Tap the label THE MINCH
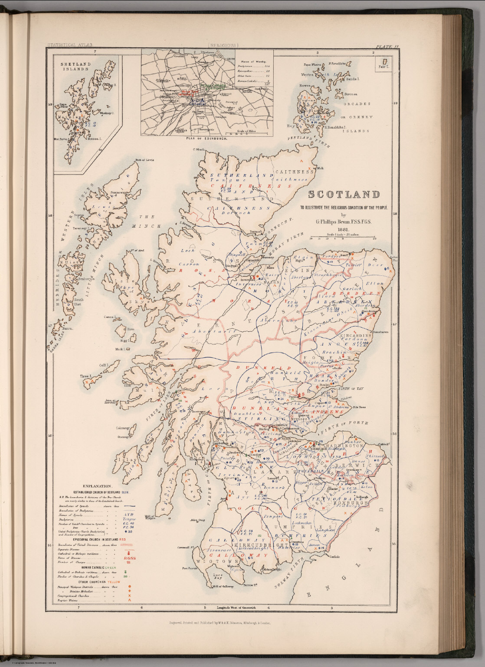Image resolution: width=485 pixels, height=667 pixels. [x=149, y=221]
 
